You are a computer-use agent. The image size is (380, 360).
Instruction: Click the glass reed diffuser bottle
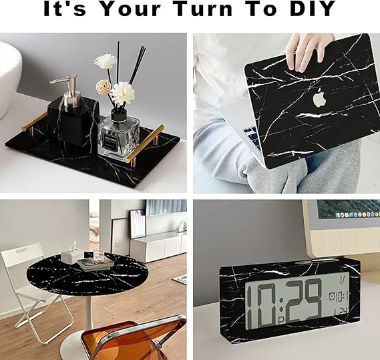click(118, 136)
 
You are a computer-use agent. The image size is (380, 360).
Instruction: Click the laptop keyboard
click(252, 136)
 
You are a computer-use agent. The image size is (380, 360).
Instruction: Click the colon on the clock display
click(280, 304)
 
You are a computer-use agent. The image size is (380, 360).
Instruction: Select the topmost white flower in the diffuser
click(105, 61)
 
